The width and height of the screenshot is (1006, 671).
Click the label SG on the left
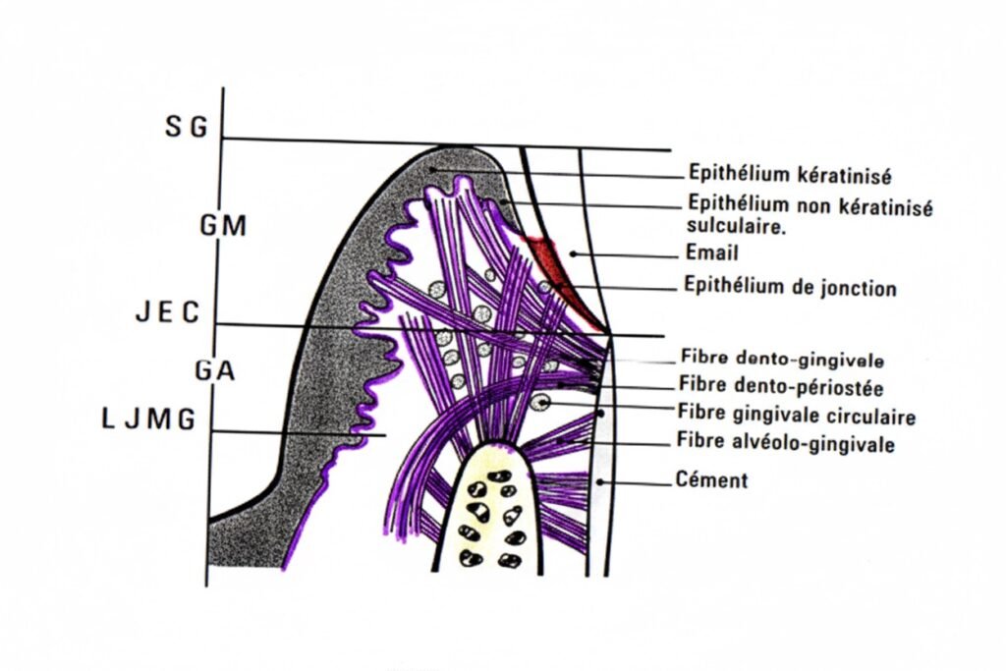(186, 127)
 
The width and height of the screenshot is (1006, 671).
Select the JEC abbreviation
(167, 313)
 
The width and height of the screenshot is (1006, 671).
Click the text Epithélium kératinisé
(789, 176)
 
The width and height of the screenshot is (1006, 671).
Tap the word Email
(713, 252)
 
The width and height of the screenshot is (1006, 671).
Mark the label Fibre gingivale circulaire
(796, 417)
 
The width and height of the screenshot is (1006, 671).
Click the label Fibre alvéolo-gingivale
(786, 444)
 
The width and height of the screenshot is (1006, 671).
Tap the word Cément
(711, 480)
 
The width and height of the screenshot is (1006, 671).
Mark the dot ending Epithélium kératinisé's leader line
(433, 169)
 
